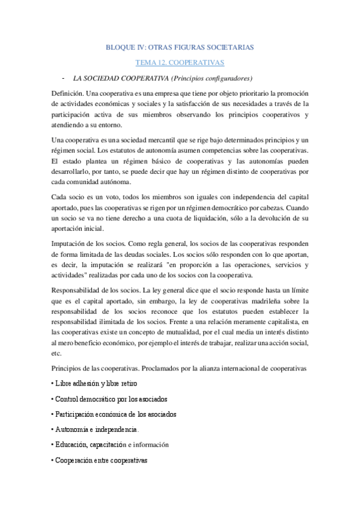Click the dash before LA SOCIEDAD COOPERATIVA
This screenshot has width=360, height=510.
[x=64, y=78]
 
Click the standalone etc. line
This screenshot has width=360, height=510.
[x=57, y=354]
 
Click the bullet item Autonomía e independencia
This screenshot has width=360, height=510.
[x=96, y=430]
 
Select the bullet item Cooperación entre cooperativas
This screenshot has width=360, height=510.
[x=101, y=461]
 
